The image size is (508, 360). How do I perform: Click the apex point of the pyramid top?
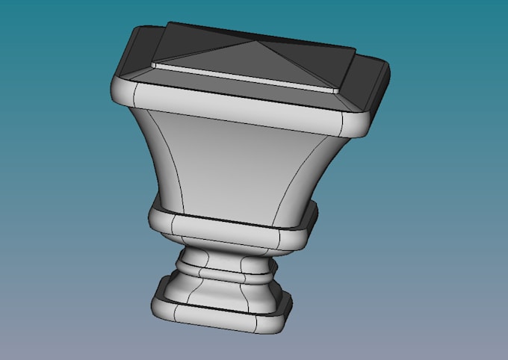point(251,41)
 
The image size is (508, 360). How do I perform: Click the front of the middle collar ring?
point(224,227)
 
